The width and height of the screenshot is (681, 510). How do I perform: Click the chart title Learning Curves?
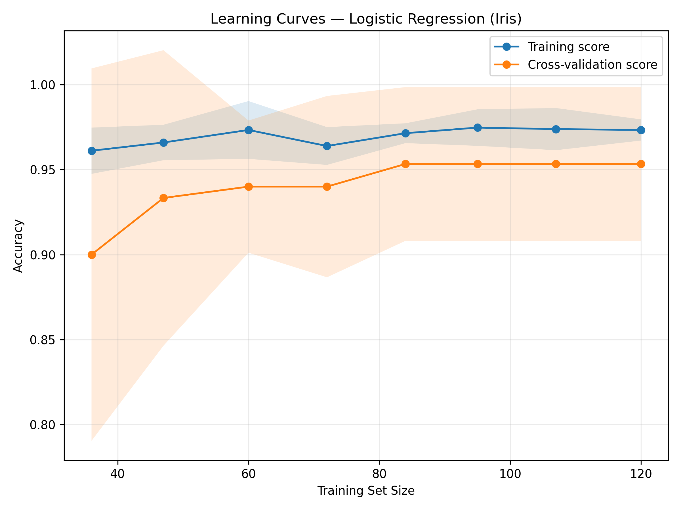pos(366,19)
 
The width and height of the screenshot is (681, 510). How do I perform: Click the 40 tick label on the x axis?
pos(117,474)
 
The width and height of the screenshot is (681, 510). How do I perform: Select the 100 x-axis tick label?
pos(510,474)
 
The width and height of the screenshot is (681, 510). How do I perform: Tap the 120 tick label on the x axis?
pos(641,474)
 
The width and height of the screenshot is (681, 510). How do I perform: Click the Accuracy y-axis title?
pos(18,246)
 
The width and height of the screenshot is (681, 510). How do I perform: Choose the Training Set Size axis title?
pos(366,491)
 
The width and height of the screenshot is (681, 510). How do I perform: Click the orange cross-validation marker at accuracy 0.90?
pos(92,255)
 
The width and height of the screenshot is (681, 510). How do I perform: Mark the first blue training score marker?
pos(92,151)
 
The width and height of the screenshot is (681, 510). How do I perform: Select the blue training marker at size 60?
pos(249,130)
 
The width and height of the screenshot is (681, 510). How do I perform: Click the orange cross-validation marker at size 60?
pos(249,187)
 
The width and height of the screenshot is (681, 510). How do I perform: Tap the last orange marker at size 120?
pos(641,164)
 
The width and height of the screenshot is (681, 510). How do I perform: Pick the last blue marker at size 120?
pos(641,130)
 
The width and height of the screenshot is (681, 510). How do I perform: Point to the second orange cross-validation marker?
pos(164,198)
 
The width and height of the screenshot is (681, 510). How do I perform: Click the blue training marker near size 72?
pos(327,146)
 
